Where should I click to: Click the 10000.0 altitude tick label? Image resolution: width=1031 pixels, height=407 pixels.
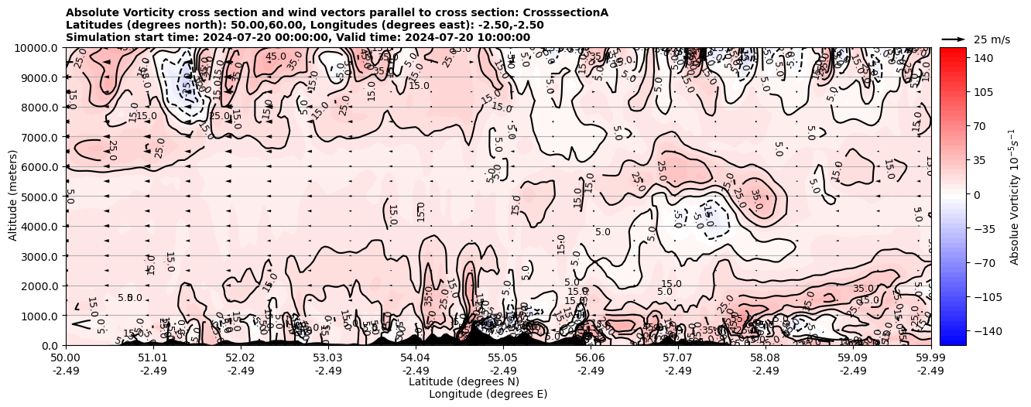click(38, 48)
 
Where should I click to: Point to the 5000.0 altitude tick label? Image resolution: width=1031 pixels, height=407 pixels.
click(40, 197)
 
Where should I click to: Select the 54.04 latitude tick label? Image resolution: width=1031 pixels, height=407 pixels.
click(416, 359)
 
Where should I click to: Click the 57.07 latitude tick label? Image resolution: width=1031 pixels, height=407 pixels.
click(678, 359)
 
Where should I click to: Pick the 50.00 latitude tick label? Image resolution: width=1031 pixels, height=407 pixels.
click(66, 359)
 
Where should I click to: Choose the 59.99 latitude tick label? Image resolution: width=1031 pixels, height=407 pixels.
click(930, 359)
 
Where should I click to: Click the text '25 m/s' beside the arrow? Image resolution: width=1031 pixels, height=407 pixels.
click(992, 39)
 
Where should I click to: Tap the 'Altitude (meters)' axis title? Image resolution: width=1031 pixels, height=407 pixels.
click(13, 197)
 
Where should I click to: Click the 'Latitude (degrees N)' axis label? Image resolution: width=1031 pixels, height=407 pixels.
click(464, 381)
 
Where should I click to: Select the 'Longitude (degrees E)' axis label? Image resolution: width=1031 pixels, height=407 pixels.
click(488, 394)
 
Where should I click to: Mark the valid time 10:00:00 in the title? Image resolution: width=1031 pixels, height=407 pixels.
click(503, 37)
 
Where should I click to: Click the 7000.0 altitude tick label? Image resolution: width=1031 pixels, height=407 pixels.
click(40, 137)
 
